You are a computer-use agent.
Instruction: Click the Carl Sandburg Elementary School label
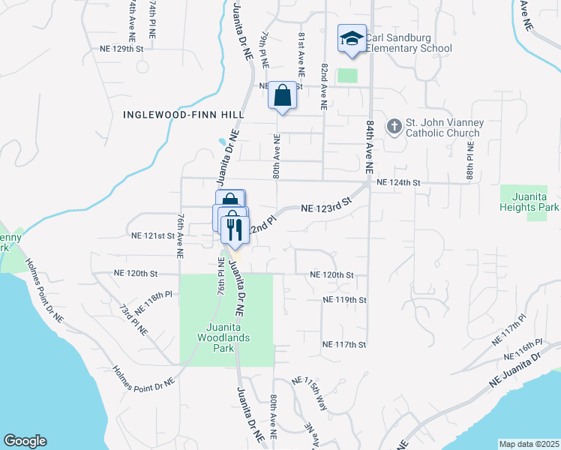pos(409,42)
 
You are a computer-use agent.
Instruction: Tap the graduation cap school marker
pos(351,40)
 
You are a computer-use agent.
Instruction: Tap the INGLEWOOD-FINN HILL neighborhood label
pos(182,115)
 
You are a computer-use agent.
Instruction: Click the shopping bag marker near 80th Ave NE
pos(282,97)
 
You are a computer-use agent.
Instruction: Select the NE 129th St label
pos(121,49)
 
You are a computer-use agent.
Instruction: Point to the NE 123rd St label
pos(326,206)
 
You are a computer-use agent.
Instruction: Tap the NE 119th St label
pos(343,299)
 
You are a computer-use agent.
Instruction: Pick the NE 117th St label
pos(343,344)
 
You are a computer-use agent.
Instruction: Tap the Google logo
pos(25,441)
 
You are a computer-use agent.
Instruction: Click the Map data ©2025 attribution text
pos(529,444)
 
